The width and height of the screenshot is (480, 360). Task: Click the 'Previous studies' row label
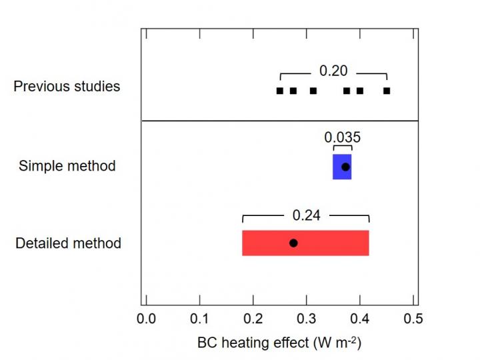(x=67, y=87)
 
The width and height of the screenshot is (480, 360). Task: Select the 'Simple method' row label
(x=67, y=166)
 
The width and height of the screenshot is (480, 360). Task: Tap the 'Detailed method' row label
(x=68, y=243)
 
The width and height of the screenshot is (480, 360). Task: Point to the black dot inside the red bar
(x=293, y=243)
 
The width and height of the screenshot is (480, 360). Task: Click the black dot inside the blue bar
(x=345, y=167)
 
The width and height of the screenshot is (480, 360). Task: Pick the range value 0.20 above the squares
(x=333, y=71)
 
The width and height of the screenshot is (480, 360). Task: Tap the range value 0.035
(x=343, y=137)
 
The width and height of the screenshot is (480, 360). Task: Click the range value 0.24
(x=306, y=215)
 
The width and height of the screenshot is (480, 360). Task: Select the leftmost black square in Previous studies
(x=280, y=91)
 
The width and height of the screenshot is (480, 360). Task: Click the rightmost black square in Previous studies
(x=387, y=91)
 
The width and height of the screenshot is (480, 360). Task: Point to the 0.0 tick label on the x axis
(x=146, y=319)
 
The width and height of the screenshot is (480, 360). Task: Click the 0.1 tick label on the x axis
(x=199, y=319)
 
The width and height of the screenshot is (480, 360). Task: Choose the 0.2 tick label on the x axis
(x=253, y=319)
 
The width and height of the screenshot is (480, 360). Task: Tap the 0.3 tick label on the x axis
(x=307, y=319)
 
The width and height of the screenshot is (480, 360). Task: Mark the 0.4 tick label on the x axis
(x=360, y=319)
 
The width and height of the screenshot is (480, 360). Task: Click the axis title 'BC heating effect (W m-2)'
(x=279, y=343)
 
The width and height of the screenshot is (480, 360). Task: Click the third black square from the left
(x=313, y=91)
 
